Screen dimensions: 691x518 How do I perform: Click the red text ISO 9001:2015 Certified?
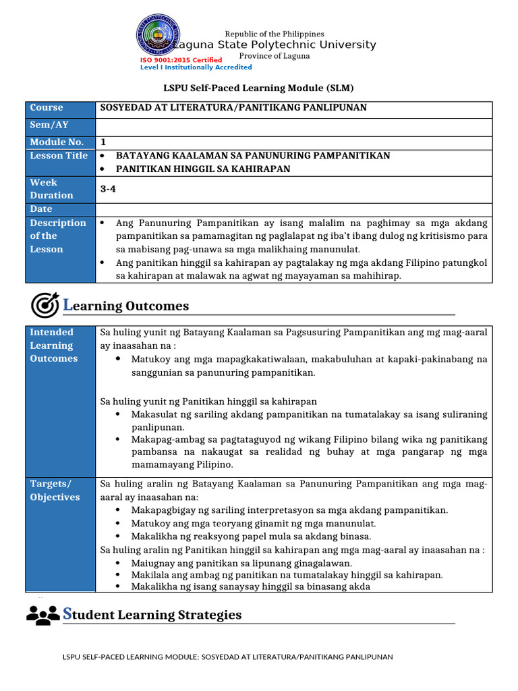(x=181, y=60)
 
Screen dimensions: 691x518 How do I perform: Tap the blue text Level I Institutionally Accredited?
(x=196, y=67)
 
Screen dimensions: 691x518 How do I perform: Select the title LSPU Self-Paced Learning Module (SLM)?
(x=259, y=88)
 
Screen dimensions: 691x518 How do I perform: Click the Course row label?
(x=47, y=108)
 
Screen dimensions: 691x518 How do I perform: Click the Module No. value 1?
(x=103, y=142)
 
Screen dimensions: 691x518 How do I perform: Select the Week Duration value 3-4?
(x=108, y=189)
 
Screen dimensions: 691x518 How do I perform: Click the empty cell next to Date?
(x=294, y=209)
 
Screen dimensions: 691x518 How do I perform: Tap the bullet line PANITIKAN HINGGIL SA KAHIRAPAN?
(x=203, y=169)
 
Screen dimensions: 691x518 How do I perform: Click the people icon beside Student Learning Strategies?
(x=42, y=614)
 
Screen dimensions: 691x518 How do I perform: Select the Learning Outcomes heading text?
(x=126, y=306)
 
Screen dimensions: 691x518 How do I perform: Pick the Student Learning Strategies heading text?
(x=152, y=615)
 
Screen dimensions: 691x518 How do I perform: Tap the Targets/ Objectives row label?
(x=55, y=491)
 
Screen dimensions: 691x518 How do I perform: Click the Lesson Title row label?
(x=59, y=156)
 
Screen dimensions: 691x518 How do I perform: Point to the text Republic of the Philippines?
(x=274, y=34)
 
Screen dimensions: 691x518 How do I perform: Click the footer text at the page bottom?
(x=227, y=657)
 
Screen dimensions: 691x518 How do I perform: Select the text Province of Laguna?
(x=275, y=56)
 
